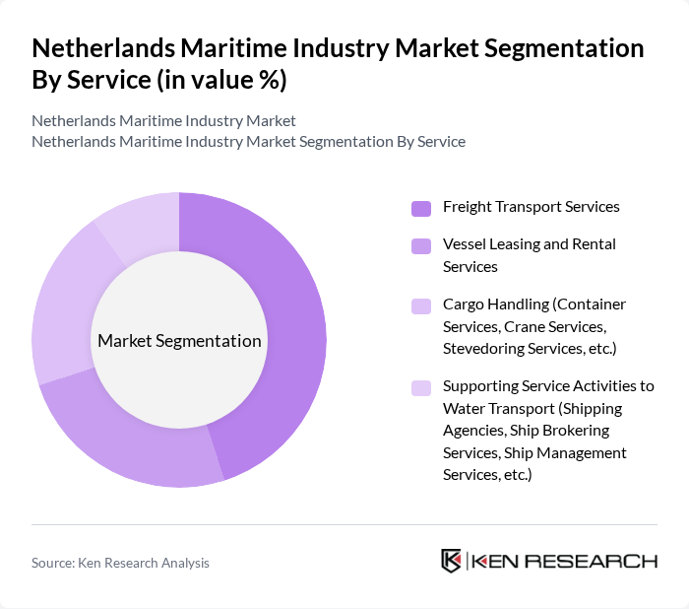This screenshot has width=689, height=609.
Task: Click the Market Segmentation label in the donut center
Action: click(179, 341)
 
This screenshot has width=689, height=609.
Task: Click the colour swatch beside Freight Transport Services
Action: click(420, 208)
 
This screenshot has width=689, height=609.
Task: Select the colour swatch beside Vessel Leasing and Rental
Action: click(420, 245)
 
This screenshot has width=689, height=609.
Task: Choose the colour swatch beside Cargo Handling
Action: click(420, 305)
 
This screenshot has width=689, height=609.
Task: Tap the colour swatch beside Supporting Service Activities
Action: click(420, 387)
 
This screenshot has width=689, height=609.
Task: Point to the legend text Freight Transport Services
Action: click(531, 207)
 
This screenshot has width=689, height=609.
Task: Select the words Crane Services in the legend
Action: click(554, 326)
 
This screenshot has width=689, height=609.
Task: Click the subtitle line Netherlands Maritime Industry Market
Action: click(163, 121)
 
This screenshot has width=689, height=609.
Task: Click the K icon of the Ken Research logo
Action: click(451, 561)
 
